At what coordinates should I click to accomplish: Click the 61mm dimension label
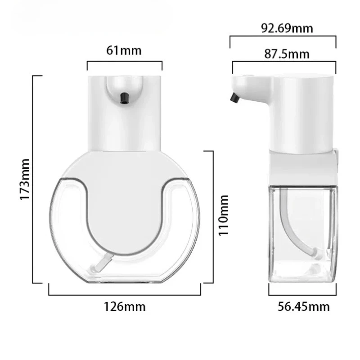[124, 50]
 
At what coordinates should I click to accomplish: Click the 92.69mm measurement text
[287, 29]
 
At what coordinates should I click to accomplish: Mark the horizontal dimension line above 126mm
[125, 295]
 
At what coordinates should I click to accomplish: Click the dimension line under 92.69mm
[283, 37]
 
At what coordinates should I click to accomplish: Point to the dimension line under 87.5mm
[283, 63]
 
